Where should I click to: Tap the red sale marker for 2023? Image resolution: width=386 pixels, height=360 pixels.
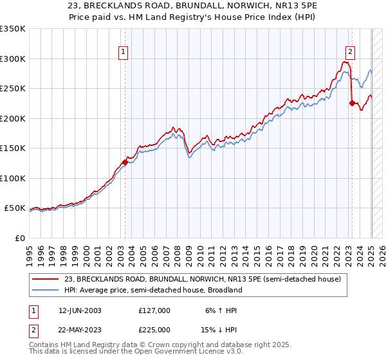352,103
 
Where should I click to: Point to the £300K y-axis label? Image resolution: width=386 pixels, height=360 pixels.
14,59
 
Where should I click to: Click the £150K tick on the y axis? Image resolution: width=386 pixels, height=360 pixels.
14,148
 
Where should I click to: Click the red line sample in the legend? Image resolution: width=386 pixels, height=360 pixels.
45,278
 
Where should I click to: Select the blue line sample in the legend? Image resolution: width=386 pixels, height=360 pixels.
45,290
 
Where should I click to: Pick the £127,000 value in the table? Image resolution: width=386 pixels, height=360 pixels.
154,310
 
